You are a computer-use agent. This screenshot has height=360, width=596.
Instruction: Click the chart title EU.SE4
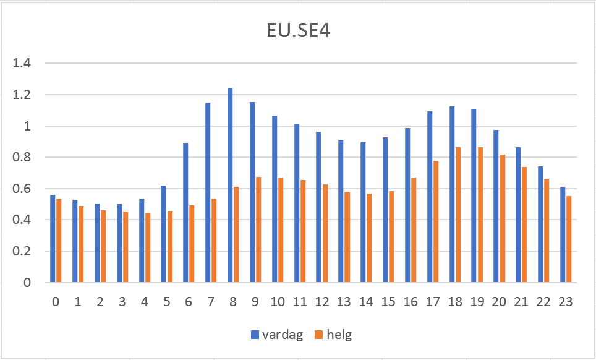click(298, 31)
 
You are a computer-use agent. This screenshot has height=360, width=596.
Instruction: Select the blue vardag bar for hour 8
click(230, 186)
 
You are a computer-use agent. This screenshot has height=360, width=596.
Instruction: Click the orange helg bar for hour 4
click(147, 247)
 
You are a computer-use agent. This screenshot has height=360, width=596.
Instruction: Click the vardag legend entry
click(279, 335)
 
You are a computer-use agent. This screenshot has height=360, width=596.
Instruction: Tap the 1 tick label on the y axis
click(28, 126)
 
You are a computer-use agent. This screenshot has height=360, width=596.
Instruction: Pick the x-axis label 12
click(322, 302)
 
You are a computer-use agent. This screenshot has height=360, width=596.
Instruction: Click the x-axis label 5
click(167, 302)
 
